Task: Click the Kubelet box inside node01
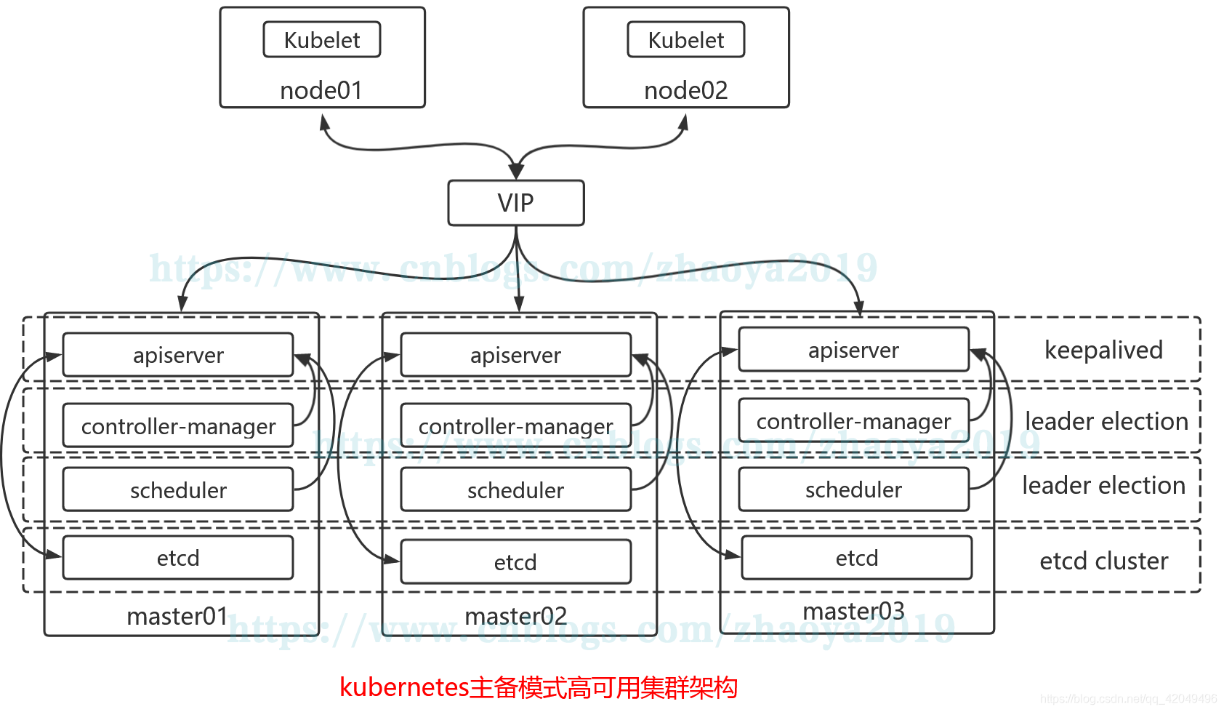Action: point(322,40)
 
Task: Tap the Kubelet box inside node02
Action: point(686,40)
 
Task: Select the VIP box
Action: point(516,203)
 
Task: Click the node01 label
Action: point(321,90)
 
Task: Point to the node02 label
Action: point(686,90)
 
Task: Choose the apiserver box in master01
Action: point(178,355)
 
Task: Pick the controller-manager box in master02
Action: point(515,425)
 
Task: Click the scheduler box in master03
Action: point(853,489)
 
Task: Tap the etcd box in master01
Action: point(178,558)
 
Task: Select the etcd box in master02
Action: point(515,562)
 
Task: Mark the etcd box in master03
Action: point(856,558)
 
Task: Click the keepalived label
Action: point(1103,350)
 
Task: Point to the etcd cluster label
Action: point(1103,561)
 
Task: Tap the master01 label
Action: point(177,616)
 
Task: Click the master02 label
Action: point(515,616)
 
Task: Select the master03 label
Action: point(853,611)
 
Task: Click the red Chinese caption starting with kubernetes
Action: point(539,687)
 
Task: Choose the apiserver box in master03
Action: point(853,350)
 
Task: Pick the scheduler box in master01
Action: point(178,490)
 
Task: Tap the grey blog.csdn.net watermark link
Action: point(1128,699)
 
